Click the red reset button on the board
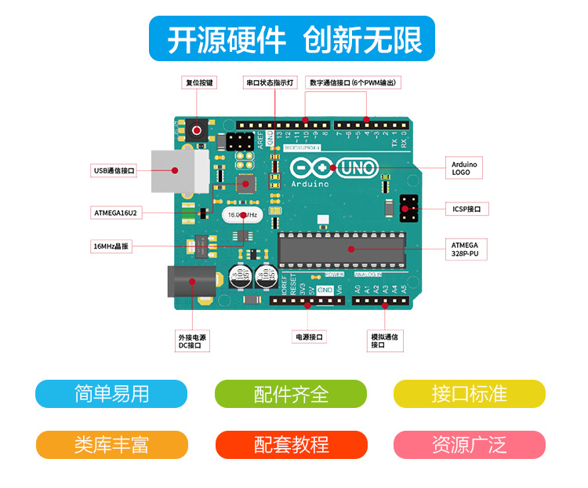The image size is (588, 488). tap(197, 130)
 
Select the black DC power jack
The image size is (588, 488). tap(189, 282)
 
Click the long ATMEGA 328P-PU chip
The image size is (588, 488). tap(343, 249)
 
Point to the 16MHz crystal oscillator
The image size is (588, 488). tap(242, 214)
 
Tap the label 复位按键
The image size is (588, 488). tap(200, 82)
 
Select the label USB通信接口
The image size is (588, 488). tap(114, 170)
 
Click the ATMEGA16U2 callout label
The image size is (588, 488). tap(116, 213)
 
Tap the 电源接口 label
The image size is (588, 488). tap(308, 337)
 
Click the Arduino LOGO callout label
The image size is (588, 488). tap(465, 168)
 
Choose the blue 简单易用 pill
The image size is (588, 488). tap(111, 394)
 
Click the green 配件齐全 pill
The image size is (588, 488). tap(291, 394)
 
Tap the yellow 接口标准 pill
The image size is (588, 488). tap(469, 394)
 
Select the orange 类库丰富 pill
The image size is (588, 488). tap(111, 445)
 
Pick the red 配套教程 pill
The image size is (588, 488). tap(291, 445)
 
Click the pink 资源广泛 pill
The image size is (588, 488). tap(469, 445)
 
